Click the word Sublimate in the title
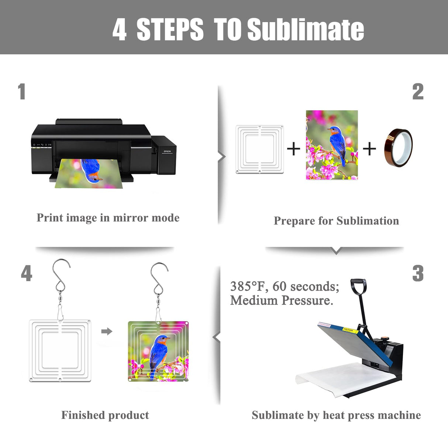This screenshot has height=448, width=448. click(306, 29)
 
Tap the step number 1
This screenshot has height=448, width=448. click(22, 92)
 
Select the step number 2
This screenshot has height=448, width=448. click(418, 92)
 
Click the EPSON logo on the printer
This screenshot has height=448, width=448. click(167, 151)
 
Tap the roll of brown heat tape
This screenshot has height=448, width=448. click(398, 148)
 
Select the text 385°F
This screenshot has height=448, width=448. click(248, 286)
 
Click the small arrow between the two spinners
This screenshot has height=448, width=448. click(107, 331)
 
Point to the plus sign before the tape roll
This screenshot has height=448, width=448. click(369, 149)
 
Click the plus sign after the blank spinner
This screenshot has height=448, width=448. click(294, 149)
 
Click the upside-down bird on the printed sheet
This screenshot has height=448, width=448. click(91, 171)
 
